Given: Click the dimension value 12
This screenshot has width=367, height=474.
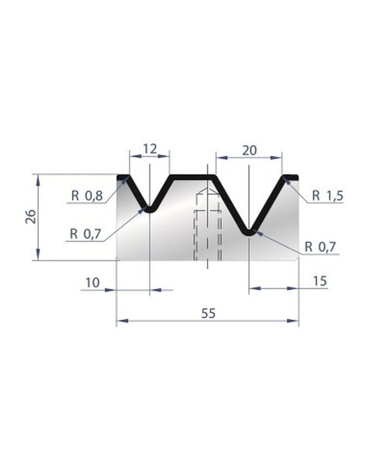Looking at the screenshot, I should pos(149,149).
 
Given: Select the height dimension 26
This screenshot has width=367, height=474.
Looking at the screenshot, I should pos(30,216).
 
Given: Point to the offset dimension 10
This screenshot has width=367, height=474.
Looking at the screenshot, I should pos(93,282).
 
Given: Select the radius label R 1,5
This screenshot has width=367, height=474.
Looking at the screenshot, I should pos(327,196).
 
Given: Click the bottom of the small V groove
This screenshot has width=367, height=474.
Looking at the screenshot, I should pos(150,210).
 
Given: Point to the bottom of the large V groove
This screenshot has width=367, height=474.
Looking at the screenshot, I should pos(249,232).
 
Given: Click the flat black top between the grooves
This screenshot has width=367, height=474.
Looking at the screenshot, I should pos(193,177).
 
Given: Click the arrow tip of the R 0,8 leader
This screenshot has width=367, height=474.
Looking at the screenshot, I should pos(126,179).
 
